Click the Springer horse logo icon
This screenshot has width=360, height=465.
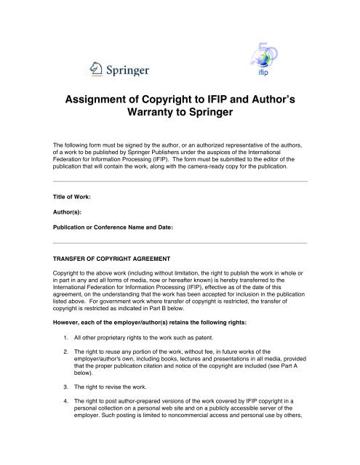coord(95,70)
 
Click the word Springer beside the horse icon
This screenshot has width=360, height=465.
coord(127,71)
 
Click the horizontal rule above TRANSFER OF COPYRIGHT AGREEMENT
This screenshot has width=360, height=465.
coord(180,242)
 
